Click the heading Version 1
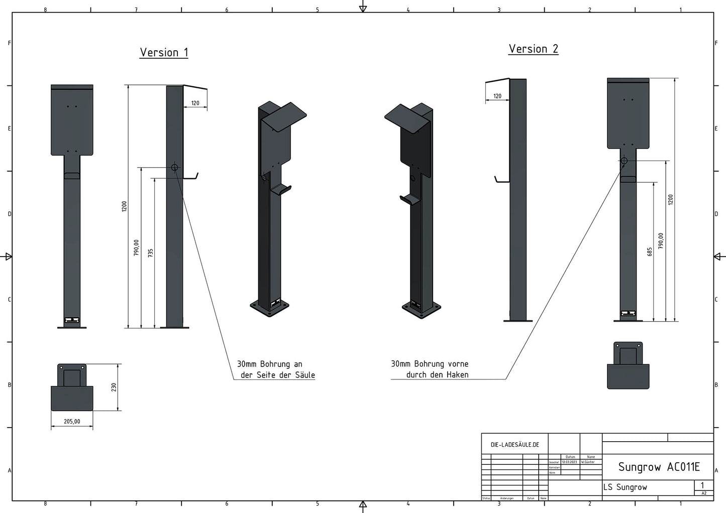[x=164, y=52]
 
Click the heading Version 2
[x=533, y=49]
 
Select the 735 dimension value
[x=150, y=253]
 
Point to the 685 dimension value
[x=650, y=251]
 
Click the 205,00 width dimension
[x=72, y=421]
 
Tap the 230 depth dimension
[x=114, y=387]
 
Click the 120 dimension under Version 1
[x=195, y=103]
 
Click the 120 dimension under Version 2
[x=497, y=96]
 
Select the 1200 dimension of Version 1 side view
[x=124, y=206]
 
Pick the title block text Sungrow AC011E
[x=659, y=467]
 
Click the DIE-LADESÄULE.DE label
[x=514, y=445]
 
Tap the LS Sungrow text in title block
[x=625, y=487]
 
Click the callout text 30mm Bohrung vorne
[x=430, y=363]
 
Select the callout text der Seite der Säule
[x=277, y=374]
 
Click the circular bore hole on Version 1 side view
[x=174, y=168]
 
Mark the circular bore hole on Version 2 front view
[x=624, y=161]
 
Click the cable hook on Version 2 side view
[x=501, y=180]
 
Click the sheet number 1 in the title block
[x=702, y=485]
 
